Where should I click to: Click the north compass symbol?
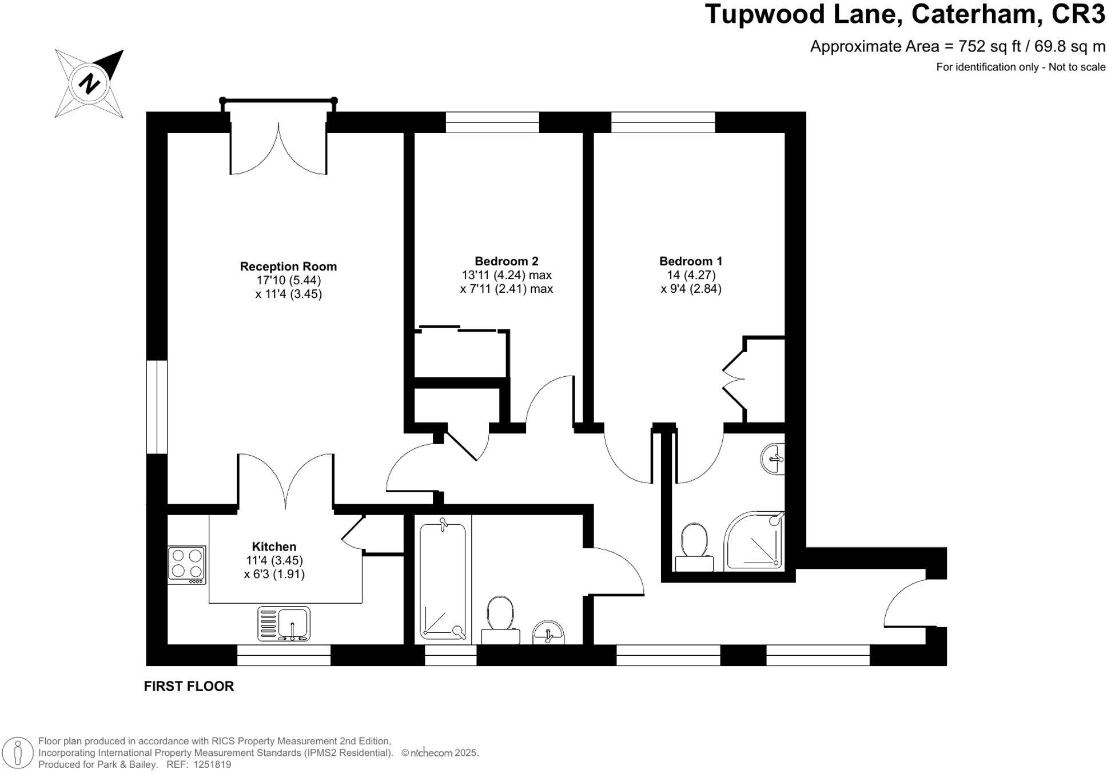click(89, 83)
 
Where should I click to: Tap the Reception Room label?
click(288, 266)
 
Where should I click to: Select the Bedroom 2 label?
click(507, 261)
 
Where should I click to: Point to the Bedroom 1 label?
click(691, 261)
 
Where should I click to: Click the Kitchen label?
click(274, 547)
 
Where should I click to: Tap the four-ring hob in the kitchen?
click(186, 564)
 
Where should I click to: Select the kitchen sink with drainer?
click(284, 624)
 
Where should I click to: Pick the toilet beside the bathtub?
click(500, 620)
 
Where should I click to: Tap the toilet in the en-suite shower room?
click(694, 547)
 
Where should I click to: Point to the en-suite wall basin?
click(773, 459)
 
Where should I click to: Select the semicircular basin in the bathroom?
click(548, 632)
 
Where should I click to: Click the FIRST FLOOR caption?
click(189, 686)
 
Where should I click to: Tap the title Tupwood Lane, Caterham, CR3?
click(905, 14)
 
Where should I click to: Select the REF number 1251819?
click(212, 764)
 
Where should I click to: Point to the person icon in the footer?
click(19, 752)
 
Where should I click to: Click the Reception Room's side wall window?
click(157, 407)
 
